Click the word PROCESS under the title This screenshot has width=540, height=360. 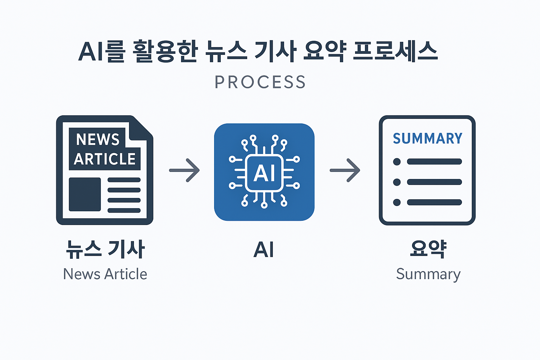tap(260, 82)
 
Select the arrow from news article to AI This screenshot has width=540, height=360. tap(185, 170)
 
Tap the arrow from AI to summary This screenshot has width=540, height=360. tap(345, 170)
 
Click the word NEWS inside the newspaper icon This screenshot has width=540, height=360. tap(98, 139)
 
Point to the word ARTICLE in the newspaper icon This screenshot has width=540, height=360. tap(105, 159)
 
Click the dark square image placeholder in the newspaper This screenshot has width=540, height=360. tap(85, 194)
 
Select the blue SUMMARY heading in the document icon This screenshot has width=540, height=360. tap(427, 139)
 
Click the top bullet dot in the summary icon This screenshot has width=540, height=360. tap(397, 162)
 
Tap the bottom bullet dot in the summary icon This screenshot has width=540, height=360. tap(397, 202)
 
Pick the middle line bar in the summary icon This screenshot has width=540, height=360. tap(434, 182)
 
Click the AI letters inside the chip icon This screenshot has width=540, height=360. tap(264, 173)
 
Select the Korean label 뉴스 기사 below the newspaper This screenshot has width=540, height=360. tap(105, 249)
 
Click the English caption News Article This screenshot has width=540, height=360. tap(105, 274)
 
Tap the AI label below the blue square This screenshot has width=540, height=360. tap(264, 250)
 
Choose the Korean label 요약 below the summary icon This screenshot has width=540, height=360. tap(428, 249)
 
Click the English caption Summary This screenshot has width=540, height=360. tap(428, 274)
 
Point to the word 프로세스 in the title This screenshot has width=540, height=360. tap(395, 52)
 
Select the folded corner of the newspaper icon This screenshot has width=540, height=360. tap(142, 127)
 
